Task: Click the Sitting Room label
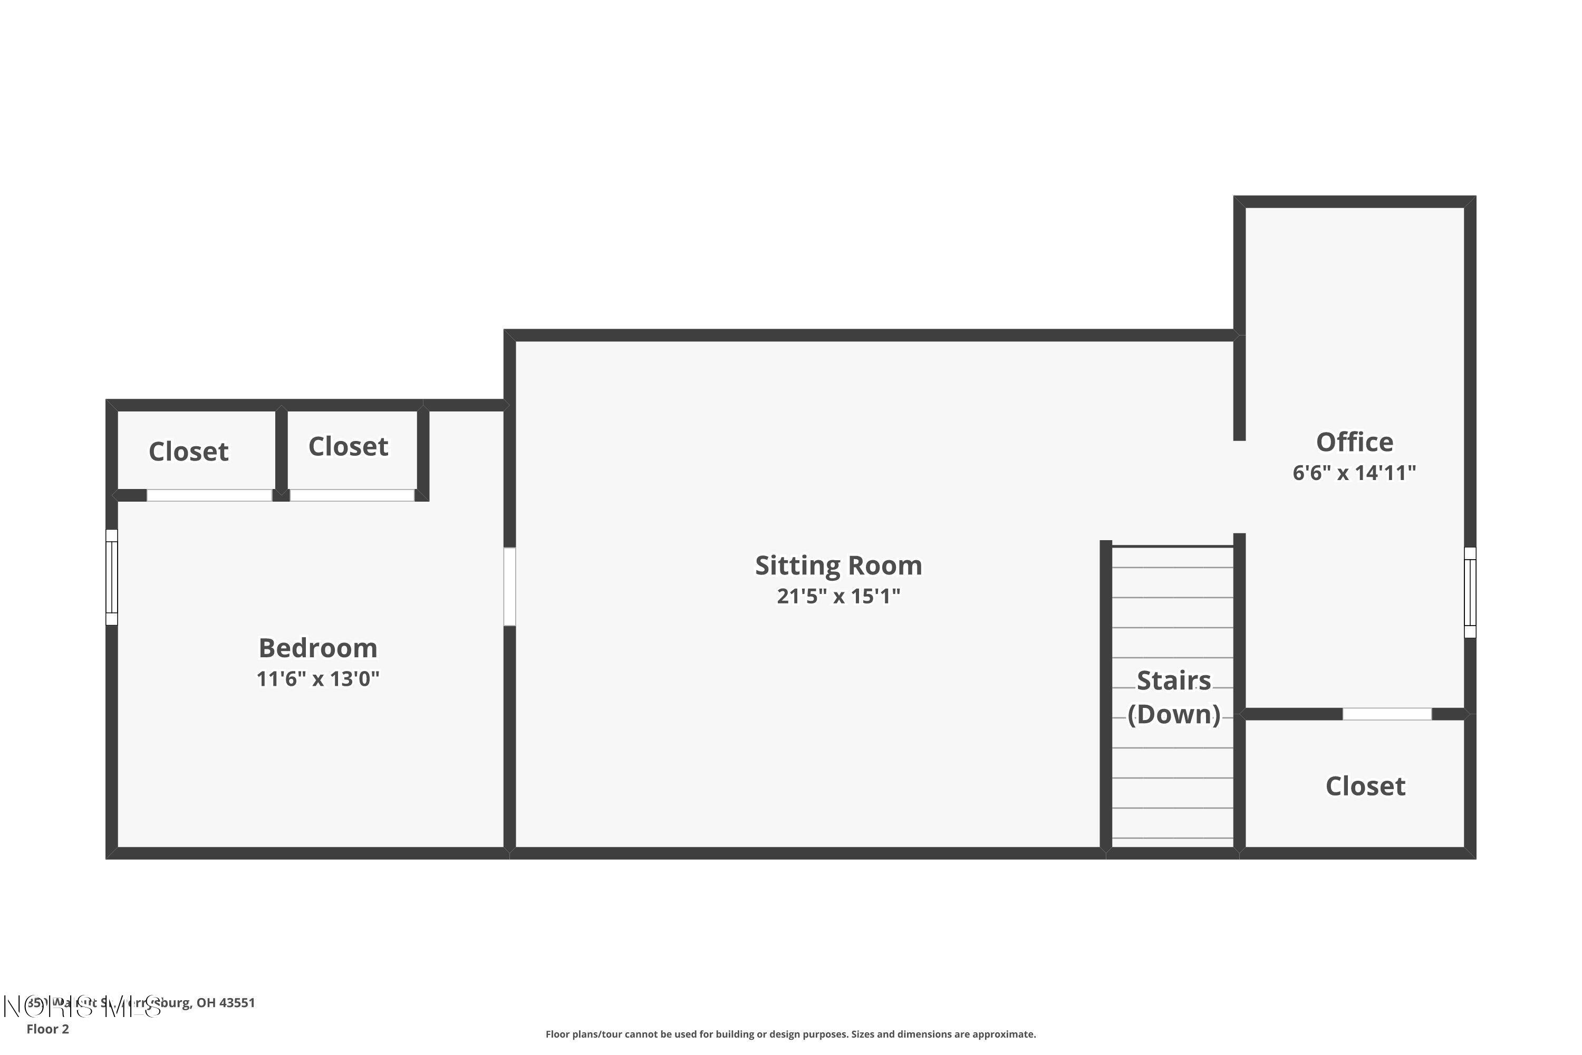(x=838, y=565)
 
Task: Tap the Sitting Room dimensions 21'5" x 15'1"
(x=838, y=596)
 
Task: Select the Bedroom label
(x=317, y=648)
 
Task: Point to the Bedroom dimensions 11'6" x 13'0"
(x=317, y=679)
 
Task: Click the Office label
(x=1354, y=442)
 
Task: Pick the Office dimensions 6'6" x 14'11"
(x=1354, y=473)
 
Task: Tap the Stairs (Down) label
(x=1174, y=698)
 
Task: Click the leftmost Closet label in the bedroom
(x=188, y=452)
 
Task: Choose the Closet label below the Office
(x=1365, y=786)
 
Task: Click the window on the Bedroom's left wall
(x=112, y=577)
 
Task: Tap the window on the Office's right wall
(x=1470, y=592)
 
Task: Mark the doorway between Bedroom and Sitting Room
(x=510, y=587)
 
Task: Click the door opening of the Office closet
(x=1387, y=714)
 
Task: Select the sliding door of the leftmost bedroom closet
(x=209, y=495)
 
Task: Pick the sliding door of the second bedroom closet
(x=352, y=495)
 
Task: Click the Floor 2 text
(x=48, y=1029)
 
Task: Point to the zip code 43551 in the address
(x=237, y=1003)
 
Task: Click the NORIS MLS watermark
(x=81, y=1006)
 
